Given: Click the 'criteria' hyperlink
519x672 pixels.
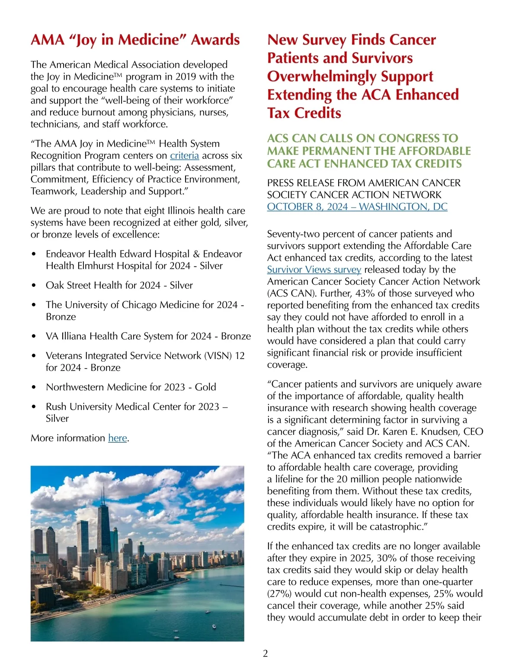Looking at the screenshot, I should [x=184, y=155].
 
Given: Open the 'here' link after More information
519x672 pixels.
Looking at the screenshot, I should [x=117, y=438].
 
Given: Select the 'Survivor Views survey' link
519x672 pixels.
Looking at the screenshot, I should [x=314, y=270].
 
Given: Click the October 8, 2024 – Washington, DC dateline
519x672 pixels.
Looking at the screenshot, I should [x=357, y=207].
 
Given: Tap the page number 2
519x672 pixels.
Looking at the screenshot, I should [x=265, y=653].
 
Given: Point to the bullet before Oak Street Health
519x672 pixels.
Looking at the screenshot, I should [x=34, y=286].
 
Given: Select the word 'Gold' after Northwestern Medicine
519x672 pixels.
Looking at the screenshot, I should [x=205, y=387].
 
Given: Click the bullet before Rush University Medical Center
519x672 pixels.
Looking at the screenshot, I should [x=34, y=407].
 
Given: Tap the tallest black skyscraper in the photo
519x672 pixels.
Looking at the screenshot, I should [x=103, y=519].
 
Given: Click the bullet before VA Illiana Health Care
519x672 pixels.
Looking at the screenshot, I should [x=34, y=337].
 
